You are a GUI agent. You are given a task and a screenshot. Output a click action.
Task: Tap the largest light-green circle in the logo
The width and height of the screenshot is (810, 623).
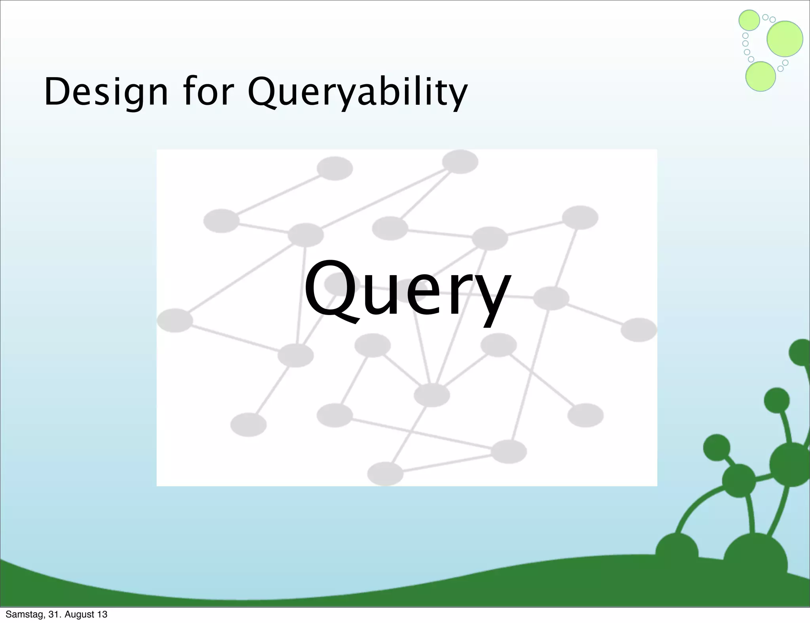point(785,39)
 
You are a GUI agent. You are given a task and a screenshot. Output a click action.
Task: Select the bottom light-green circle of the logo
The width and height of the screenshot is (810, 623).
point(760,77)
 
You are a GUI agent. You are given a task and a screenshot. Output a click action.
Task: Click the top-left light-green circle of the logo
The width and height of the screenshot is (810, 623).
point(749,20)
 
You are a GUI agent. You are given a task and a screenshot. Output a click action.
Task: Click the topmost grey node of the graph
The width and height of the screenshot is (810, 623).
point(460,162)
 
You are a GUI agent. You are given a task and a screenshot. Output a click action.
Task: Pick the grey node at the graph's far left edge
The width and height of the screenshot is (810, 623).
point(175,320)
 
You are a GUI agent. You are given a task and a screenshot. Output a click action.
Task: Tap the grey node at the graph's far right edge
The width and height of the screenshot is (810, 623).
point(639,330)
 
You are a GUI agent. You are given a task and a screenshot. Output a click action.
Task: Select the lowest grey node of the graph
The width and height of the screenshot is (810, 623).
point(385,474)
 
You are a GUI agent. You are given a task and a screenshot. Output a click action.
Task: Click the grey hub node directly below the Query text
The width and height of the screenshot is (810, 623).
point(432,395)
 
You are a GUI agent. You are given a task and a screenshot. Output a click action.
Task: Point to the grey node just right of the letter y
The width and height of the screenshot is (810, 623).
point(551,298)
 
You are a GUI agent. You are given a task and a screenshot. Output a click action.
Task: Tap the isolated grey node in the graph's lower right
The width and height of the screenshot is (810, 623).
point(585,415)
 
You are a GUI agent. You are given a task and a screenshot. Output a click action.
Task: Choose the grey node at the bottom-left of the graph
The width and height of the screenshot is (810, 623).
point(248,425)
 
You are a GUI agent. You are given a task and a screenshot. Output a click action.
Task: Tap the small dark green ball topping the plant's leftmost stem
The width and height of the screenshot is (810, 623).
point(717,447)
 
